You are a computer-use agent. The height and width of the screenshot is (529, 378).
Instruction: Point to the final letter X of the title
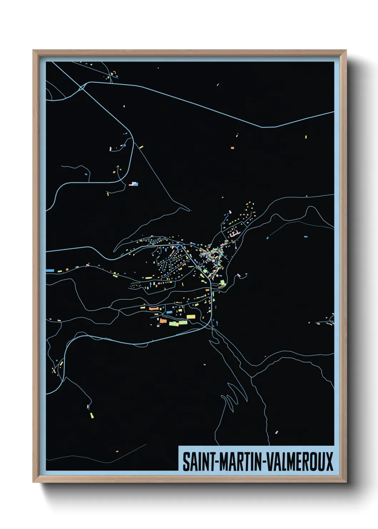click(x=329, y=461)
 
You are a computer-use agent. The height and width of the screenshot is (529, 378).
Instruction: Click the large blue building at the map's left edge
click(x=50, y=271)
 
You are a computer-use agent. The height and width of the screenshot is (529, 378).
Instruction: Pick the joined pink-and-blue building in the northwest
click(x=134, y=184)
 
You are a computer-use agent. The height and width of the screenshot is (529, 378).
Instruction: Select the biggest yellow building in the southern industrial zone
click(x=191, y=316)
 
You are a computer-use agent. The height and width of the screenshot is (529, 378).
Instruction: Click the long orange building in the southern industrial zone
click(x=154, y=308)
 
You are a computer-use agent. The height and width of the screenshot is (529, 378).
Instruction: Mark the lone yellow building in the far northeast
click(x=306, y=137)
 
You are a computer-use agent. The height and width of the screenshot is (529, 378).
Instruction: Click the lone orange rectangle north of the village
click(x=232, y=147)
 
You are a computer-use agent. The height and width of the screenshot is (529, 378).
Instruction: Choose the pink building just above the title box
click(x=276, y=432)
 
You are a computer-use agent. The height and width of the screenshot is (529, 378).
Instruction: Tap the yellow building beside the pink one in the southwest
click(x=92, y=415)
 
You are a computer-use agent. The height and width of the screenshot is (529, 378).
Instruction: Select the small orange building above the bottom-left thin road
click(x=117, y=451)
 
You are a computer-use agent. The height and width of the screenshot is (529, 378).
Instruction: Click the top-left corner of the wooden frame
click(x=34, y=51)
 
